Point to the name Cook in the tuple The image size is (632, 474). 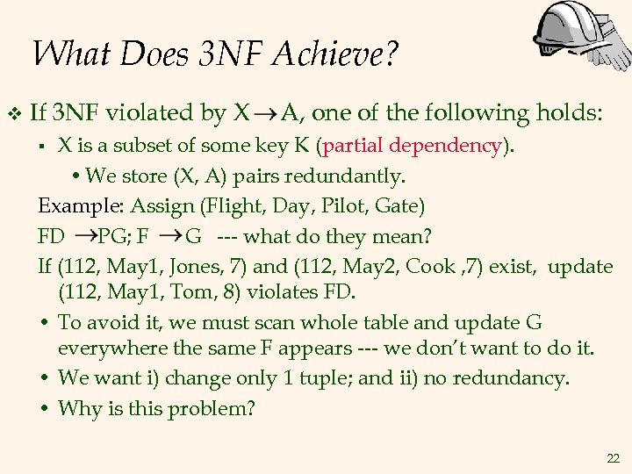460,266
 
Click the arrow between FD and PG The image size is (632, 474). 84,236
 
